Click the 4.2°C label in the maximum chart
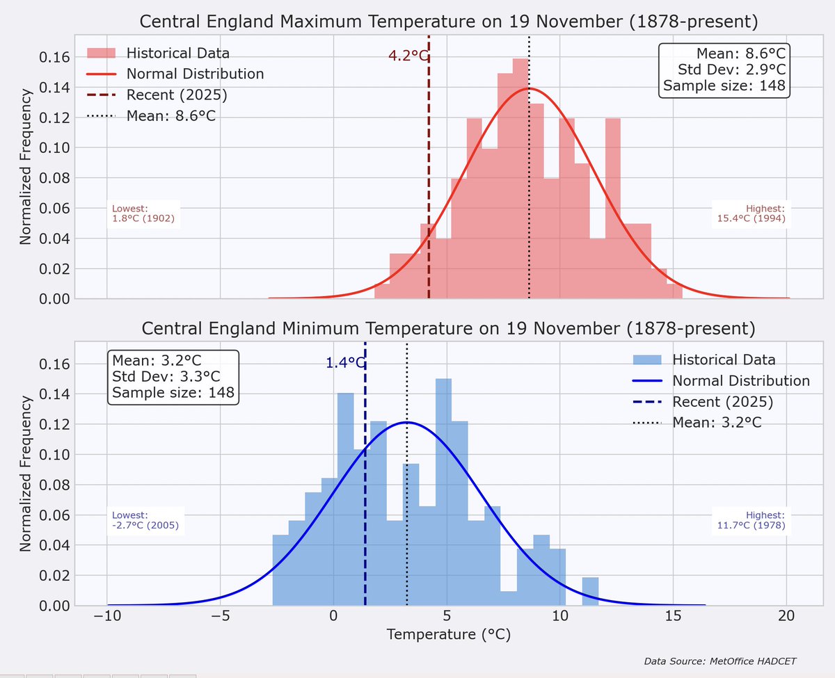(408, 56)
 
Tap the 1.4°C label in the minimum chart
(344, 362)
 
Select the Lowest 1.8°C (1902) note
(143, 213)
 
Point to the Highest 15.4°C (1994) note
(751, 213)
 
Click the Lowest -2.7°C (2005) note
(145, 520)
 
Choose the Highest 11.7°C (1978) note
(751, 520)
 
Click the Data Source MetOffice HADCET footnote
(719, 660)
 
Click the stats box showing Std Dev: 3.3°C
(174, 377)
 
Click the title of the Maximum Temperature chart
(449, 22)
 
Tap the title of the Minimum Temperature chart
(449, 328)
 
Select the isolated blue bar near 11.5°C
(590, 591)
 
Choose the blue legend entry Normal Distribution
(741, 381)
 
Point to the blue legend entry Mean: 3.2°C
(717, 422)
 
